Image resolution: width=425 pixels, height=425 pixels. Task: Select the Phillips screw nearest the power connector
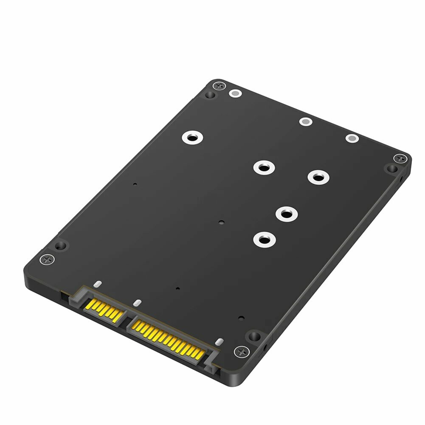(241, 351)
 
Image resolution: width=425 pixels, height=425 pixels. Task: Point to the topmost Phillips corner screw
(219, 86)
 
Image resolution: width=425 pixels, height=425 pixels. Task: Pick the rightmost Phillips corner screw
(400, 158)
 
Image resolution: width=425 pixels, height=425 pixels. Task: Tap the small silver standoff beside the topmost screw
(235, 93)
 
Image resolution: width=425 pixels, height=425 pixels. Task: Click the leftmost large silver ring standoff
(192, 138)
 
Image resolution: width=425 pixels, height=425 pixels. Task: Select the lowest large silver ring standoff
(264, 239)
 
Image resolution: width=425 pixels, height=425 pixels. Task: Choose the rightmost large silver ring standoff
(318, 177)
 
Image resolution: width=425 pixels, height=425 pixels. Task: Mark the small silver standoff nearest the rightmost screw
(352, 138)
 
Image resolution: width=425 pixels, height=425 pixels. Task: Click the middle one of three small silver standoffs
(305, 122)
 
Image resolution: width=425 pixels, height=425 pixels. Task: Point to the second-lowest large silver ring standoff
(286, 214)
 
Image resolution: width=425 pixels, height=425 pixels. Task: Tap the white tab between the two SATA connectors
(136, 303)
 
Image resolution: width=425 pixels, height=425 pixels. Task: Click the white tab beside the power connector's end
(219, 342)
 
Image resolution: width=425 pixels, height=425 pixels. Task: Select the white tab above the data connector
(97, 283)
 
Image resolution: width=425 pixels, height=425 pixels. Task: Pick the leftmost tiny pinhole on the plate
(135, 185)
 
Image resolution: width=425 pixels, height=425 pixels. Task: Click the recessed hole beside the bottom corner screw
(254, 337)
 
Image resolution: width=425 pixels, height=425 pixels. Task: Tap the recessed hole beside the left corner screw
(61, 245)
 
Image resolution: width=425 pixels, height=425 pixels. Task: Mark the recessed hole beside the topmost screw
(209, 95)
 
